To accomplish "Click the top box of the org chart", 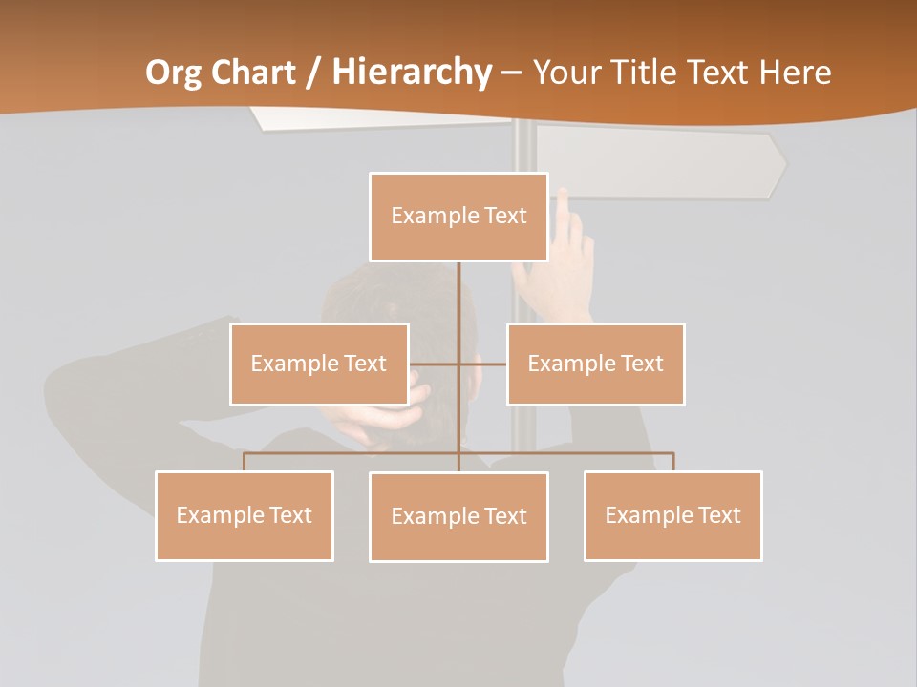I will [458, 217].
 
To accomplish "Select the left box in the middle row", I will [319, 364].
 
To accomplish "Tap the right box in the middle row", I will [595, 364].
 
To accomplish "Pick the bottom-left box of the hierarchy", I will [245, 515].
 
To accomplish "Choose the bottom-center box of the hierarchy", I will [458, 517].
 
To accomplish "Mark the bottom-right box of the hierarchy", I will [672, 515].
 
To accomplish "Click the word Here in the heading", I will [795, 73].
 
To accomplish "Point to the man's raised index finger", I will [564, 205].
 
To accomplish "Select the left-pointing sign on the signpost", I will [382, 117].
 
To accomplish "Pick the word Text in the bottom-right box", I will [719, 515].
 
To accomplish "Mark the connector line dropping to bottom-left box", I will [245, 462].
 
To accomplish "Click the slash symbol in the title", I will [310, 73].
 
